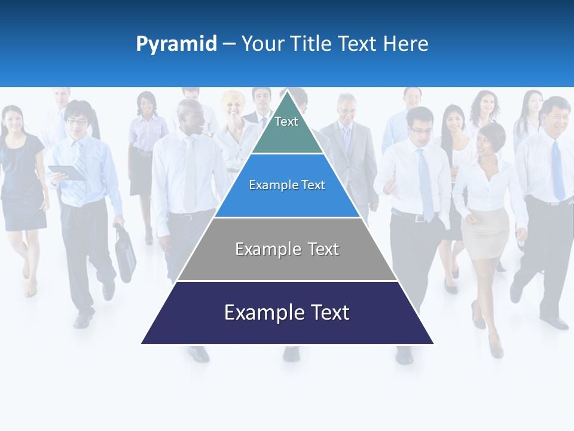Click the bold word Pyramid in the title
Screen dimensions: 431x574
176,44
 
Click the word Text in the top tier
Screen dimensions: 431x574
286,122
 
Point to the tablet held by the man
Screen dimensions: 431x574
66,172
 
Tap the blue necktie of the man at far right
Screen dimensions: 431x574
557,171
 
